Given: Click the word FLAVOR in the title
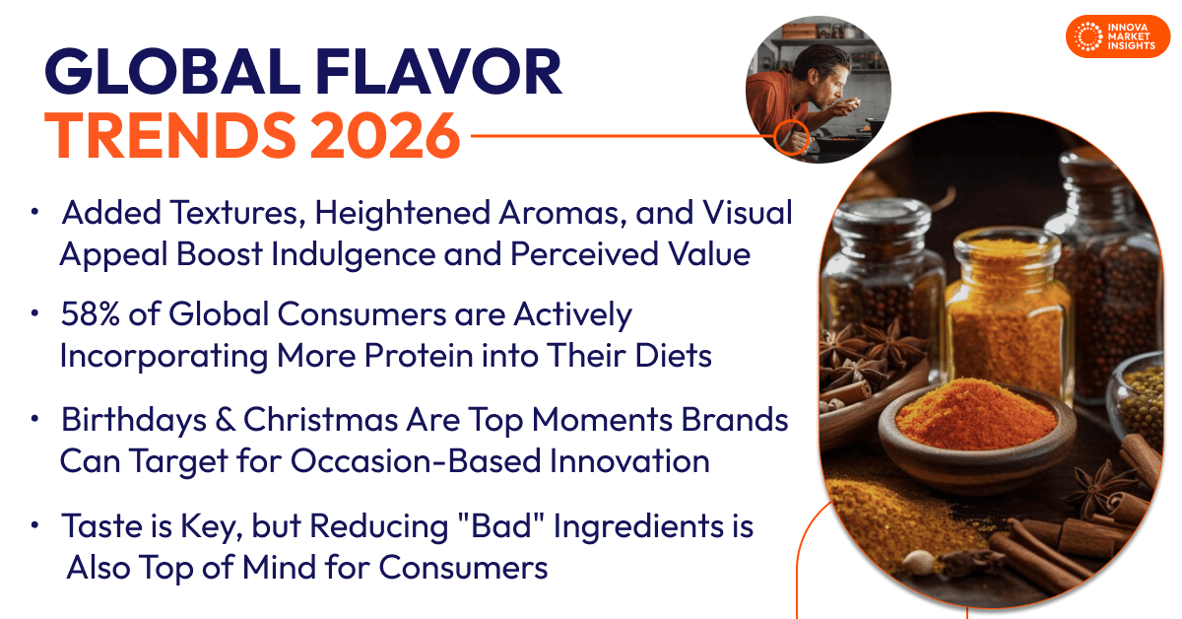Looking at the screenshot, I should coord(438,75).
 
